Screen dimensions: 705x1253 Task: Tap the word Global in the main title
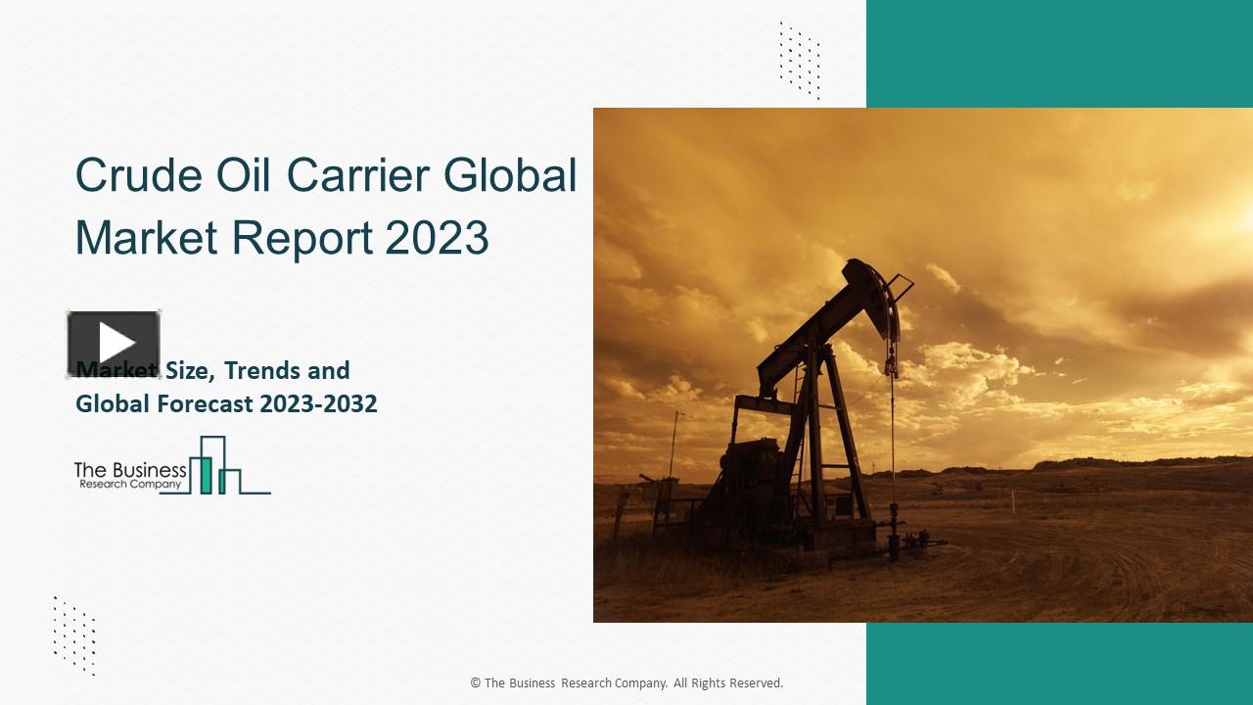510,175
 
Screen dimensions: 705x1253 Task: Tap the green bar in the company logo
207,474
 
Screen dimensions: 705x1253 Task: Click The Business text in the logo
130,470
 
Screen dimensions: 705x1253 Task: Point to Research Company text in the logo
130,485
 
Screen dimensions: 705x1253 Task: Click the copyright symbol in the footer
476,683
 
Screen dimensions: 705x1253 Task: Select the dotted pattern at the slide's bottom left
74,635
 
